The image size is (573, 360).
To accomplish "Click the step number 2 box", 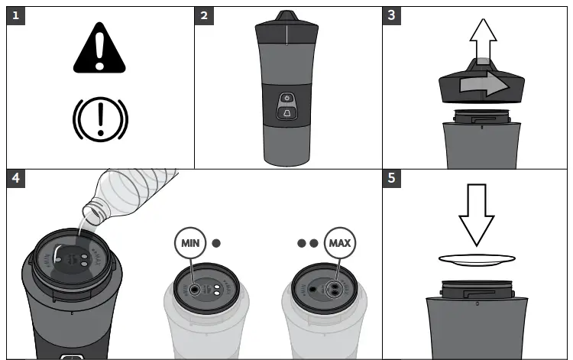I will pos(203,15).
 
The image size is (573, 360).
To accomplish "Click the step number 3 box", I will pos(392,15).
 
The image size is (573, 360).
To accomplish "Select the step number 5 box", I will pos(392,177).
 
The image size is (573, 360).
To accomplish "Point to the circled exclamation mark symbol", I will pos(100,118).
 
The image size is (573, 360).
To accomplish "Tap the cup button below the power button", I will pos(286,113).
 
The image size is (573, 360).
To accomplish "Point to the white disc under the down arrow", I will pos(477,260).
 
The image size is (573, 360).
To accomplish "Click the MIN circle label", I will pos(189,244).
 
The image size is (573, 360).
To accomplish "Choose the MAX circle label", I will pos(339,244).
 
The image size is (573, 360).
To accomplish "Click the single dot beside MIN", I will pos(216,244).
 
